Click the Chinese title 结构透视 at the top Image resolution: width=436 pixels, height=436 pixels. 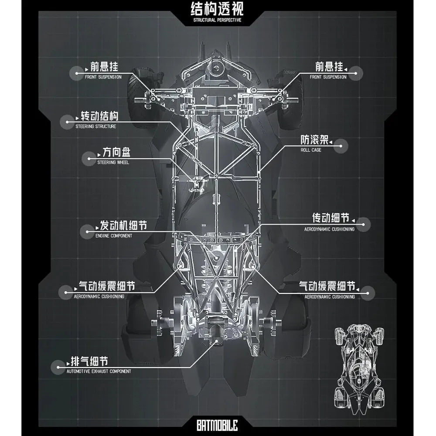coord(217,9)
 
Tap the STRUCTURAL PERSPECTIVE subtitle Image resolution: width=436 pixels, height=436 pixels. coord(217,20)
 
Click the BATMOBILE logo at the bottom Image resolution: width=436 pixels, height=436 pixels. coord(217,425)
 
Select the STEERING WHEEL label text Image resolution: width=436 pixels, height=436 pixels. coord(113,162)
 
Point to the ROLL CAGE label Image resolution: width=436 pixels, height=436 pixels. coord(311,150)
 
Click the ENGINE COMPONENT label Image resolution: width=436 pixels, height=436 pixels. coord(114,236)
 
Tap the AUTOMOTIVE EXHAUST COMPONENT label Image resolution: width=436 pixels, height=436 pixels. coord(99,371)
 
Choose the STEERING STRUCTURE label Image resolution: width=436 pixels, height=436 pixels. coord(95,126)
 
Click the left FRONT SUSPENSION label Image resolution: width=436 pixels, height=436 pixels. coord(103,77)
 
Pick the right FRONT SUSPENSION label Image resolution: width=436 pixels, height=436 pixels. coord(328,77)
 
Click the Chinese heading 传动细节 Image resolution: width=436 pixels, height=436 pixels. coord(330,218)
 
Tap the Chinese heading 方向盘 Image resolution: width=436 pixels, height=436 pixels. coord(116,152)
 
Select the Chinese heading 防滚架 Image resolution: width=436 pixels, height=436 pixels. coord(314,140)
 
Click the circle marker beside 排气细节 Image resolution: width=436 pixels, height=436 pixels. coord(58,367)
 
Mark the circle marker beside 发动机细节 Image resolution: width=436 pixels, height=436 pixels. coord(87,232)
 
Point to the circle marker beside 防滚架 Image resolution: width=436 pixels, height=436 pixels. coord(341,146)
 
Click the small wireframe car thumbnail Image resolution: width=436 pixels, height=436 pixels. coord(359,369)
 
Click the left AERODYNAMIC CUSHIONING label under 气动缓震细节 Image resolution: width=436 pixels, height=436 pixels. coord(99,296)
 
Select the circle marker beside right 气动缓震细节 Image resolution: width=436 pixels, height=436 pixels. coord(368,293)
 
